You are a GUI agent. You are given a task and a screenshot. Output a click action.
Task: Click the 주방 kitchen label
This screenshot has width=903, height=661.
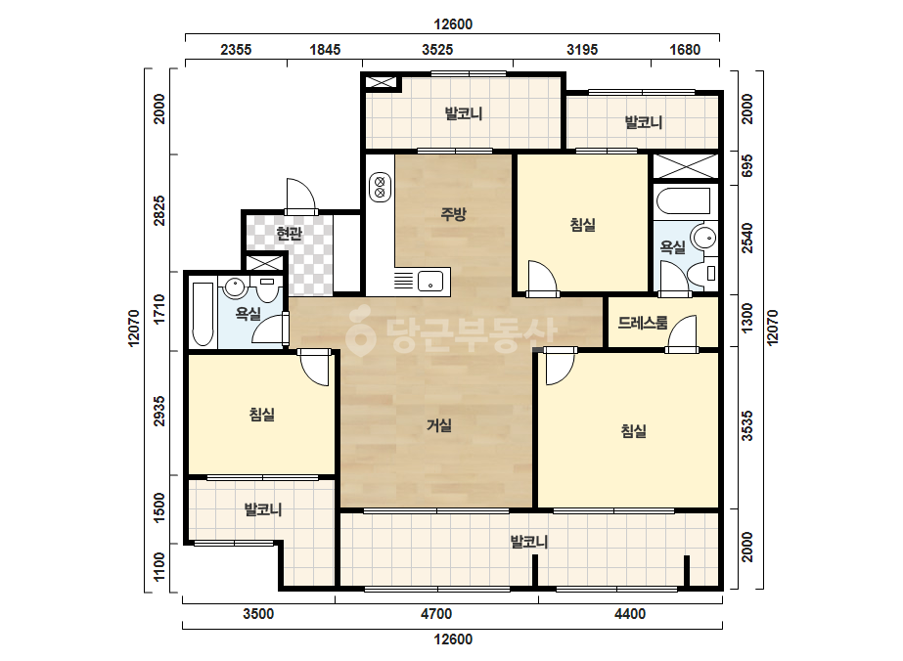tap(453, 215)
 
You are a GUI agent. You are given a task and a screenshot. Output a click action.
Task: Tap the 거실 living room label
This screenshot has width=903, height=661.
tap(439, 425)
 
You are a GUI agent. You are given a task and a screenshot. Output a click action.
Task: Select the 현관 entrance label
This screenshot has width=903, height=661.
tap(289, 233)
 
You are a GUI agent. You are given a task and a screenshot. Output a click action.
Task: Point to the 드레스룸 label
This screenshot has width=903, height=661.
tap(643, 323)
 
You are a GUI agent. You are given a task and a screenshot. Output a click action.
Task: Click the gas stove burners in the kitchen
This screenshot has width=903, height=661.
tap(380, 187)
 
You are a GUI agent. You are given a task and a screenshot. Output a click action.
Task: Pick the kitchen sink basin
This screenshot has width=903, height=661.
tap(430, 281)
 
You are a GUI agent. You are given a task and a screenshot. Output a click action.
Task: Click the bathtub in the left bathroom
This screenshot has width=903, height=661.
tap(202, 314)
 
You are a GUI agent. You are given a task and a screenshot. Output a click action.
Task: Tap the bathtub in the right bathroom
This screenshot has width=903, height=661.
tap(683, 201)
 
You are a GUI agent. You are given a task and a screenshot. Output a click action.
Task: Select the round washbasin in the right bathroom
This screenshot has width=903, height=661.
tap(703, 238)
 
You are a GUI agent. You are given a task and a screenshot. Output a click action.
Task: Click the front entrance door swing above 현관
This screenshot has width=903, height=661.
tap(301, 196)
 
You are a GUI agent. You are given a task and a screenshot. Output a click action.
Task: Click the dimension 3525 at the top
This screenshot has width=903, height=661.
tap(437, 50)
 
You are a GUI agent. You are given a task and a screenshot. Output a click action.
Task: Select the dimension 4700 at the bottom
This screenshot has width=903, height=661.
tap(436, 614)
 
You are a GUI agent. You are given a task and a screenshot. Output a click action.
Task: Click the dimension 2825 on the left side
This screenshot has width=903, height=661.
tap(158, 211)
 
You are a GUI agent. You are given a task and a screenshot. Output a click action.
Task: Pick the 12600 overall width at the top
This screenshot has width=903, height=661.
tap(453, 24)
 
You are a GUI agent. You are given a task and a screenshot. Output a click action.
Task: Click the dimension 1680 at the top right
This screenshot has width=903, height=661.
tap(685, 50)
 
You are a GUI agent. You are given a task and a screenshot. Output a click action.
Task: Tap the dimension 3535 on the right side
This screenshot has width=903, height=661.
tap(746, 426)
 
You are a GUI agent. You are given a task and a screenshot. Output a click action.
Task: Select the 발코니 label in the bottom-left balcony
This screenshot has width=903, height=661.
tap(262, 509)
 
